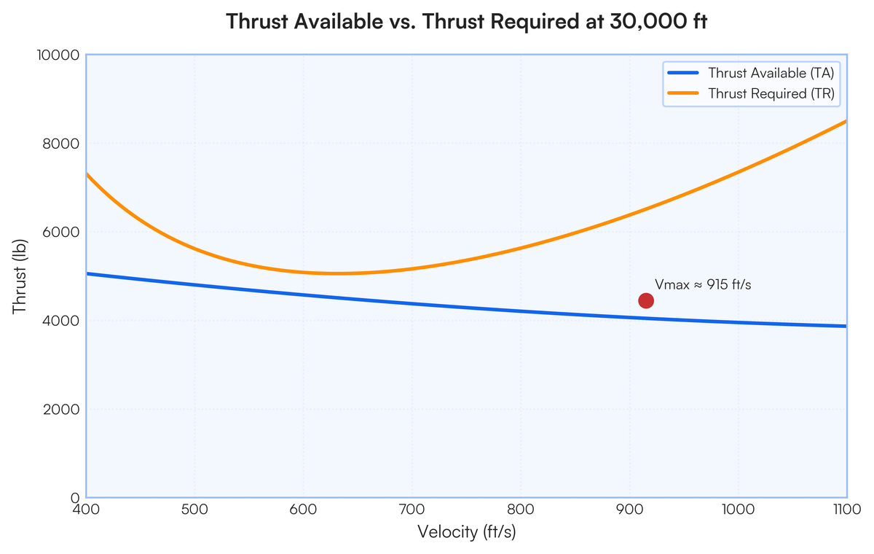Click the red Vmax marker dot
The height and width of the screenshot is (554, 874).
pos(646,300)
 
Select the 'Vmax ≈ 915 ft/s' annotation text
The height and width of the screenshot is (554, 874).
pos(703,284)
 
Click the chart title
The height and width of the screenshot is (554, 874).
pos(466,21)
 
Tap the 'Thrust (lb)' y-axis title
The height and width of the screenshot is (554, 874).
pos(20,276)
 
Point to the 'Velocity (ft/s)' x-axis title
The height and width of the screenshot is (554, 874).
pos(467,532)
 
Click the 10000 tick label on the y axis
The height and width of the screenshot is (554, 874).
pos(58,55)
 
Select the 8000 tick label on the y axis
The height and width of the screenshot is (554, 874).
pos(61,144)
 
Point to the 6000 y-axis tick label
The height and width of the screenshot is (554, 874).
pos(61,233)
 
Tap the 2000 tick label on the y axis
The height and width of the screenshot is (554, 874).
pos(61,410)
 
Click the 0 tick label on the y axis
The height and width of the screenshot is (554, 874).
pos(75,498)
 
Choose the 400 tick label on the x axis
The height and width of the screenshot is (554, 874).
pos(86,510)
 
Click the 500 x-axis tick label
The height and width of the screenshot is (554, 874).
pos(194,510)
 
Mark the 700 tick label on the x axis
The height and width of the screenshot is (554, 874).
pos(412,510)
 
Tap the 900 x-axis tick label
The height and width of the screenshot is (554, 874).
pos(630,510)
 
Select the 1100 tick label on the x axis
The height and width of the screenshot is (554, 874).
pos(846,510)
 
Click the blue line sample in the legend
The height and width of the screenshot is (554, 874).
pos(683,73)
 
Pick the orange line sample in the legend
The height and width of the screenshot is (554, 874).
pos(683,93)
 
